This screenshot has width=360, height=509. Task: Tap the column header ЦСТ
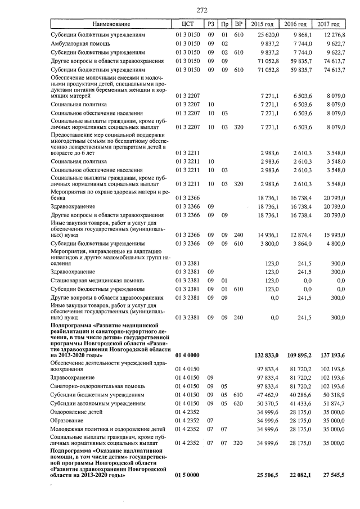188,24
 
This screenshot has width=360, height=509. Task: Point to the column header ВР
238,24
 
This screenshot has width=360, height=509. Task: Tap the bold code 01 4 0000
189,355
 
